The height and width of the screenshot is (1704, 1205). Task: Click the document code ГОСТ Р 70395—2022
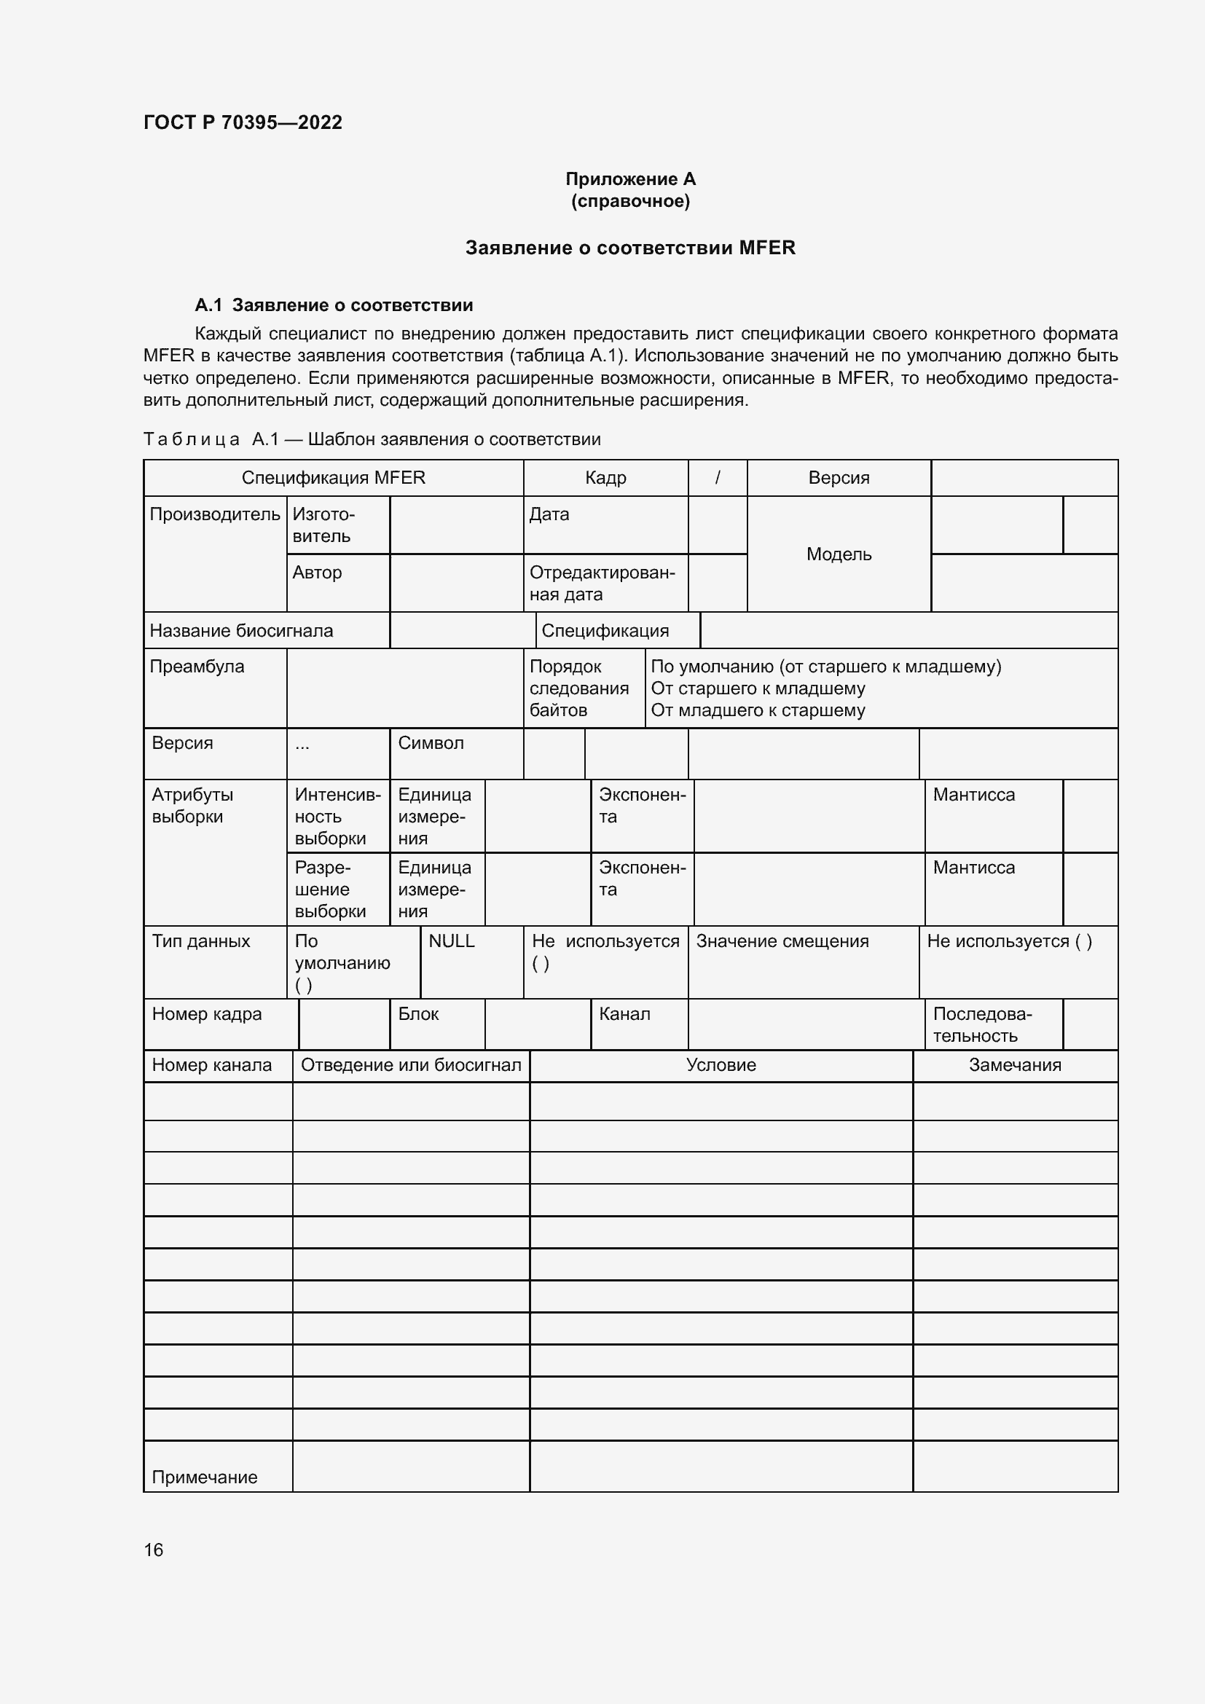pyautogui.click(x=243, y=122)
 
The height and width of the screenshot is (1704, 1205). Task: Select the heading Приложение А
pyautogui.click(x=630, y=179)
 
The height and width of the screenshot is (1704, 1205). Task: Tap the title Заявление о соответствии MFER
pyautogui.click(x=630, y=248)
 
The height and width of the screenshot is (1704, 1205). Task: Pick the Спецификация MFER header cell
pyautogui.click(x=333, y=478)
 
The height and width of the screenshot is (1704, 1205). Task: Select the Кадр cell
pyautogui.click(x=605, y=478)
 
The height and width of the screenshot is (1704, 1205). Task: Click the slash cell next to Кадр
pyautogui.click(x=717, y=478)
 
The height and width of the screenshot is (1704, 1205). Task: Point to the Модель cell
pyautogui.click(x=839, y=554)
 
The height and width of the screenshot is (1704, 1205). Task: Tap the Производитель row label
pyautogui.click(x=214, y=514)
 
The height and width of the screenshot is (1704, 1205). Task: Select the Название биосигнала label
pyautogui.click(x=241, y=631)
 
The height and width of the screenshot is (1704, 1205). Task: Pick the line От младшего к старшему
pyautogui.click(x=758, y=710)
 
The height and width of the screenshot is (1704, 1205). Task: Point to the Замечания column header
pyautogui.click(x=1014, y=1065)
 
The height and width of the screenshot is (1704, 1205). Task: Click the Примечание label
pyautogui.click(x=205, y=1477)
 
